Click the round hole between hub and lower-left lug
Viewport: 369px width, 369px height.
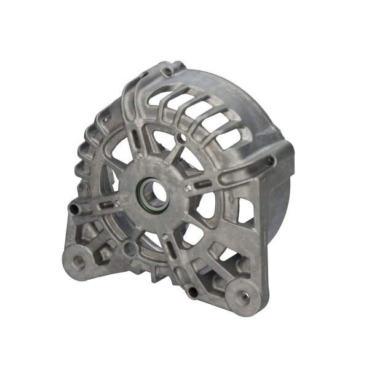pos(127,248)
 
